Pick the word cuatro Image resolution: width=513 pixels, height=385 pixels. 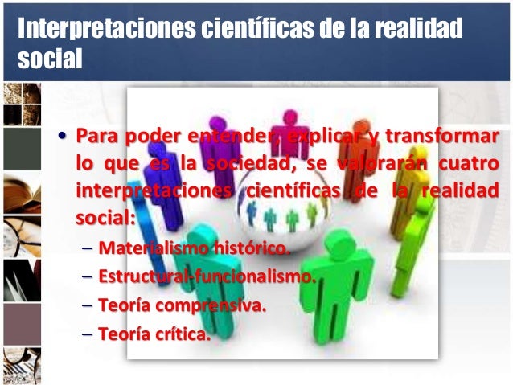pyautogui.click(x=468, y=165)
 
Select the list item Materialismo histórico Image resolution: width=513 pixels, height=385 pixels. pyautogui.click(x=193, y=247)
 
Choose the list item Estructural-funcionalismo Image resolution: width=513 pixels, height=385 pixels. pyautogui.click(x=204, y=276)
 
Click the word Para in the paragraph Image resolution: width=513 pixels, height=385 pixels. pyautogui.click(x=93, y=133)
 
